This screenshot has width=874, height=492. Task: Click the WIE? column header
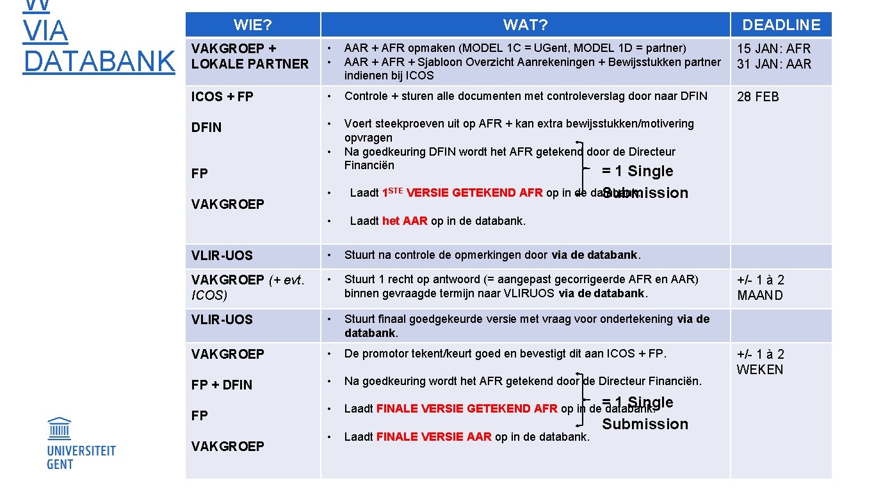coord(252,25)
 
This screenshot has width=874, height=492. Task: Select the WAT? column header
coord(525,25)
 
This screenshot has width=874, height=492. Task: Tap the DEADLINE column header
coord(781,25)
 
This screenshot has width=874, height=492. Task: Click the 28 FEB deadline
coord(758,97)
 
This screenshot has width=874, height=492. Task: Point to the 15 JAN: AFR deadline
coord(773,49)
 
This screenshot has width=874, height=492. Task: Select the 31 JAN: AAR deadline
coord(773,64)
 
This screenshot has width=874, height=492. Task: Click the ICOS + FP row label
coord(222,97)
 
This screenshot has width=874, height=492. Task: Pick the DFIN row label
coord(206,127)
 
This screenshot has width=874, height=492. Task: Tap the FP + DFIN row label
coord(222,385)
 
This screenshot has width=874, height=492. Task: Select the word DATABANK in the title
coord(99,61)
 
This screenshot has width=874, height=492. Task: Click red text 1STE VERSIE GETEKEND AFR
coord(462,193)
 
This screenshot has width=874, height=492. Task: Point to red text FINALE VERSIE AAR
coord(433,437)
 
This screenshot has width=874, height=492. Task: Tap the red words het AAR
coord(405,221)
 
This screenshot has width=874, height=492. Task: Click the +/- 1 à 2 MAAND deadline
coord(760,288)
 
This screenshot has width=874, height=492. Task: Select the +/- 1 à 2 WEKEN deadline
coord(760,362)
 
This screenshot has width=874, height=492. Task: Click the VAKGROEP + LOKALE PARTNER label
coord(250,56)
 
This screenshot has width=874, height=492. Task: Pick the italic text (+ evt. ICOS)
coord(248,288)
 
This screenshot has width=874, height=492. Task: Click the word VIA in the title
coord(45,31)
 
